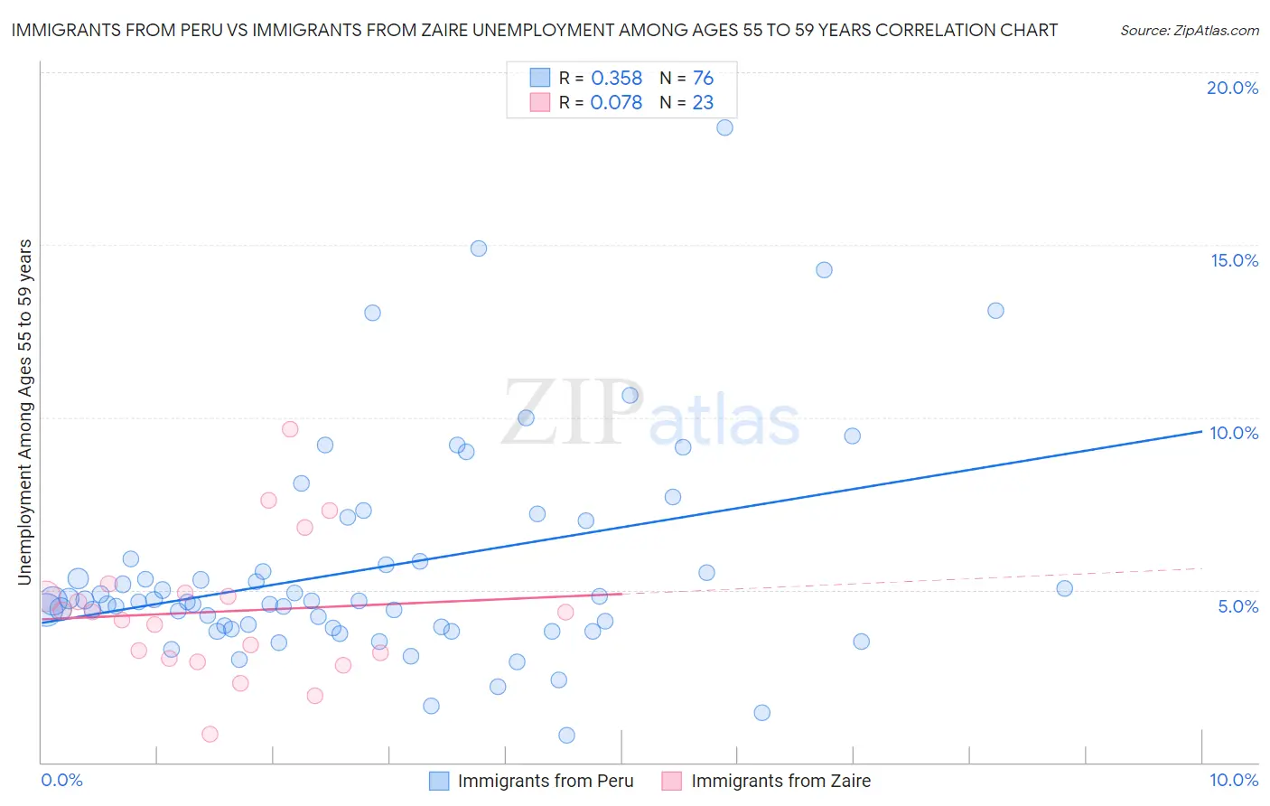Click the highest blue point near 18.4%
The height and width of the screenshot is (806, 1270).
(x=724, y=127)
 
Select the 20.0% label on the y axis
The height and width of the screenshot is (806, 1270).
(x=1232, y=88)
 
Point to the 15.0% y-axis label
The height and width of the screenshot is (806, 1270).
(x=1234, y=260)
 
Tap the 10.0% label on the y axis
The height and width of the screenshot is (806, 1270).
(x=1234, y=433)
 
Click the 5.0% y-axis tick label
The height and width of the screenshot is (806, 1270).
(x=1237, y=606)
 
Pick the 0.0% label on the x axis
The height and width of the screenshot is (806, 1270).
(x=61, y=780)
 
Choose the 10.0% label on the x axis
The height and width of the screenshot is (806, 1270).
(x=1233, y=780)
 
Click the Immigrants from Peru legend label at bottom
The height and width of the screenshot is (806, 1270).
(x=546, y=781)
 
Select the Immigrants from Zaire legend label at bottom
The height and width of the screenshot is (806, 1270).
(x=780, y=781)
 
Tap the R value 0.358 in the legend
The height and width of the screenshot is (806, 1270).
(x=616, y=79)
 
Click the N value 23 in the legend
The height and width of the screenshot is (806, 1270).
(x=703, y=103)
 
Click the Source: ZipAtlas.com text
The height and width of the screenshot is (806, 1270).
(x=1189, y=30)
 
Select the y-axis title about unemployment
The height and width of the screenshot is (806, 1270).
(x=25, y=412)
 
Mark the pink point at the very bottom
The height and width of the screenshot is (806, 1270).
(x=210, y=734)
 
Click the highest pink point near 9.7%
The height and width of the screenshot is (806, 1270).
(x=290, y=429)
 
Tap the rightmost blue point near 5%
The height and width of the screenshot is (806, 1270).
(x=1064, y=588)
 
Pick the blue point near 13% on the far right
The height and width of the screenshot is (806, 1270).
(x=995, y=311)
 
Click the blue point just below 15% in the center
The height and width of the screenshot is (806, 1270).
(x=479, y=248)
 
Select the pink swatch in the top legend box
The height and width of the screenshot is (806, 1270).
(x=540, y=102)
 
